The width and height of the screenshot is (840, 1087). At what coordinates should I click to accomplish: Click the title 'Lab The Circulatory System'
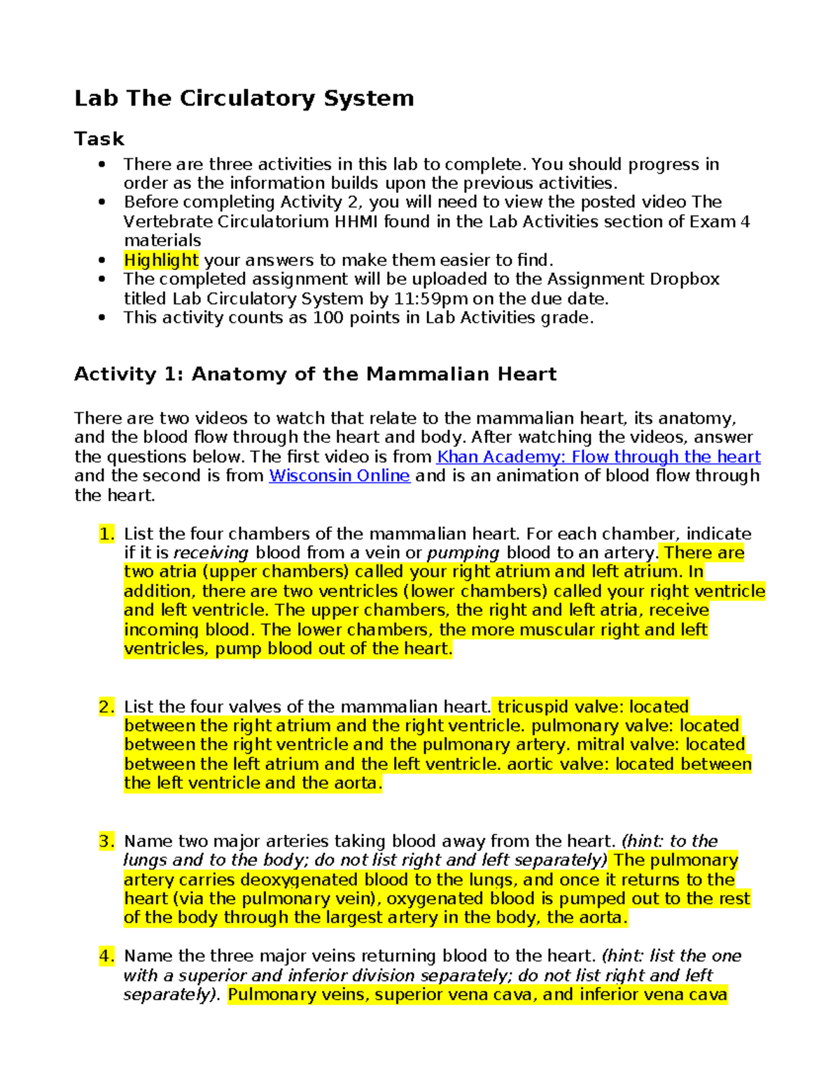coord(244,98)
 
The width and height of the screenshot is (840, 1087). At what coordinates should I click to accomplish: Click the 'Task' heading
coord(99,139)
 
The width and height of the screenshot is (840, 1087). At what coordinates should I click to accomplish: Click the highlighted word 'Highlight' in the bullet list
coord(161,260)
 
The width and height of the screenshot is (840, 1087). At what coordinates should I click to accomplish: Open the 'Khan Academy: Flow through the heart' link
coord(598,457)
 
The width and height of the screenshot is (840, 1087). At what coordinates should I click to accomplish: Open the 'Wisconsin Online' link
coord(339,476)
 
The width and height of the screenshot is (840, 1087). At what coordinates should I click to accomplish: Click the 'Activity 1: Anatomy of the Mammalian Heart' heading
coord(315,374)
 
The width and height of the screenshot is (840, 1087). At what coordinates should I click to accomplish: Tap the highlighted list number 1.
coord(106,534)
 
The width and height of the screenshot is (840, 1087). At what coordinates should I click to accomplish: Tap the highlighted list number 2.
coord(106,707)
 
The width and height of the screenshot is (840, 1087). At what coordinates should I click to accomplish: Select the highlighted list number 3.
coord(106,841)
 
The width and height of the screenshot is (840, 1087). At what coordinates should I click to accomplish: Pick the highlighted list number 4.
coord(106,956)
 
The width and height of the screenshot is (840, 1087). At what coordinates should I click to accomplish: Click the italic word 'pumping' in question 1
coord(463,553)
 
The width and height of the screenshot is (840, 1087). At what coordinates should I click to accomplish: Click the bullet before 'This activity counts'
coord(102,318)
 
